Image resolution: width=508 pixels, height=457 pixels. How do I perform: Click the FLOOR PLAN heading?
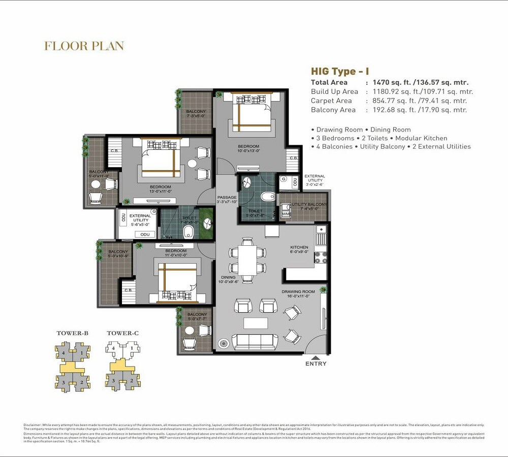click(x=84, y=46)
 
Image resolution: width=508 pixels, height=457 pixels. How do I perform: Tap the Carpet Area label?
click(x=331, y=101)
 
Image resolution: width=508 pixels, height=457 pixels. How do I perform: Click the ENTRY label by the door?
click(x=316, y=364)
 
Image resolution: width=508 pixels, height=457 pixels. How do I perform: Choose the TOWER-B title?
click(x=73, y=333)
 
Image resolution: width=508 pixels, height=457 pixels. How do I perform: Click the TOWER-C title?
click(x=123, y=333)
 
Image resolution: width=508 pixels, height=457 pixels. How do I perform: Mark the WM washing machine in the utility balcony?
click(x=284, y=214)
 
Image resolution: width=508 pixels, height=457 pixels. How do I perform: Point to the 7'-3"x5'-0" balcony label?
click(x=196, y=113)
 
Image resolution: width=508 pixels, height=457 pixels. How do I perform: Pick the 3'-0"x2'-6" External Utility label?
click(x=315, y=180)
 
